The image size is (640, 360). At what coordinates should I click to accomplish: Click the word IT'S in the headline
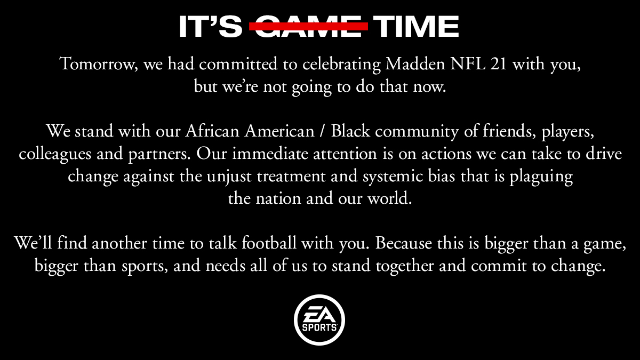[x=211, y=26]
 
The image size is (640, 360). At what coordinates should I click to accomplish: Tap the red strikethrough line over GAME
[x=309, y=26]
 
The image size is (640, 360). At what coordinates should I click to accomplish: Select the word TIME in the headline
[x=416, y=26]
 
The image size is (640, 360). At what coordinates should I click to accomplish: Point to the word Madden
[x=415, y=63]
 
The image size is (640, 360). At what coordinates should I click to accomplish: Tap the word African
[x=212, y=131]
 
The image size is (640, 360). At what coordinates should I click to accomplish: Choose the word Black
[x=350, y=131]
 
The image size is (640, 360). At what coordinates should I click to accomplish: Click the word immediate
[x=270, y=154]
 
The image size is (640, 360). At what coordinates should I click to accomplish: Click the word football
[x=269, y=243]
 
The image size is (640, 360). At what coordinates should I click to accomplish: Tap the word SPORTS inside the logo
[x=319, y=327]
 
